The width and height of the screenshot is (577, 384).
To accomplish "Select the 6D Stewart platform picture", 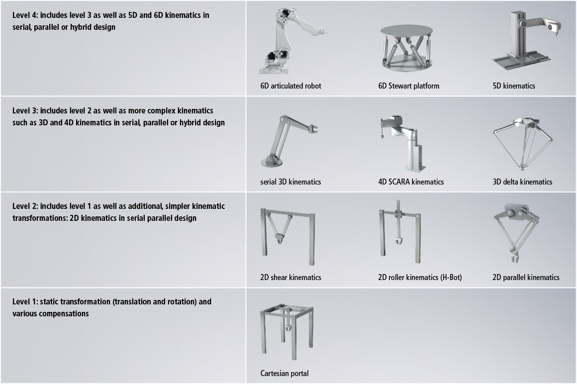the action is point(406,48).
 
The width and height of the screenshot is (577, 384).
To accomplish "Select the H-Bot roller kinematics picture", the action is point(399,232).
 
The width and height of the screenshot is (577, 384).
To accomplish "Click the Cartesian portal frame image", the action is point(287,331).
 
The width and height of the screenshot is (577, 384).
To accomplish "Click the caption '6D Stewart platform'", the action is point(408,86).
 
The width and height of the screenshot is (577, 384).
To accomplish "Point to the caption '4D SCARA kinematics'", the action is point(411,182).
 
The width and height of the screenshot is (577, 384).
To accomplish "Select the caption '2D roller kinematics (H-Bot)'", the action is point(420,278).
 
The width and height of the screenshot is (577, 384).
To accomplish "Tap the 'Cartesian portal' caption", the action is point(284,374).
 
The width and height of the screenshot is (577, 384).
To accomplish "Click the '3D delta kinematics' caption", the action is point(522,182).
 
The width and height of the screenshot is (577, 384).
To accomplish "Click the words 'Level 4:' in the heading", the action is point(25,15).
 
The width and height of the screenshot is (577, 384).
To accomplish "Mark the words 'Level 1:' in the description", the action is point(25,301).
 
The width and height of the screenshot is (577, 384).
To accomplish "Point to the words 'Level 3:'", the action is point(25,111).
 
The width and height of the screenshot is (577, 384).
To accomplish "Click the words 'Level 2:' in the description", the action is point(25,206).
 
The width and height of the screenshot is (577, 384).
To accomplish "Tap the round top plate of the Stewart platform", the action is point(406,30).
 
